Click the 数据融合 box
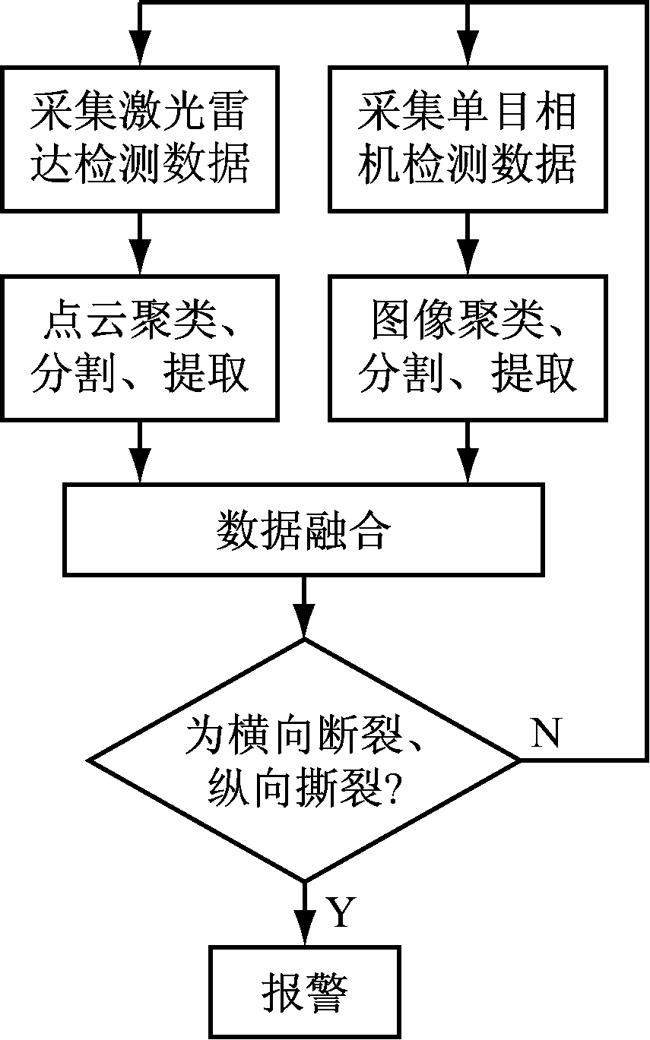coord(303,529)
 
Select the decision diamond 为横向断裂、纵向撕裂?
coord(304,760)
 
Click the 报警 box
coord(305,992)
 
